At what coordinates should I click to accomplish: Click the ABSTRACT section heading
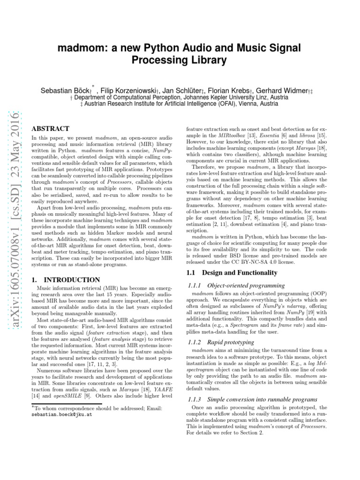point(50,128)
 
